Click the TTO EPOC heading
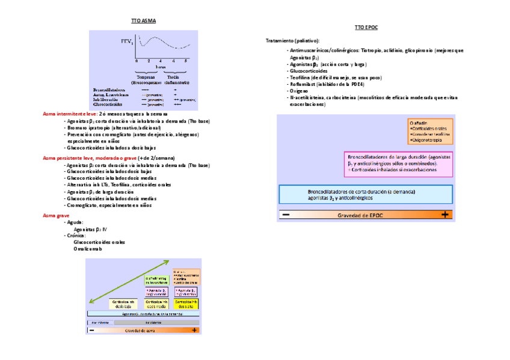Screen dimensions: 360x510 [366, 28]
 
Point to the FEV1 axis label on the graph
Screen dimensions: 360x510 [126, 42]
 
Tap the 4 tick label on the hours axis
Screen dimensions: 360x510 [161, 62]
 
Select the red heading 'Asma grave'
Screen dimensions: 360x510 [56, 215]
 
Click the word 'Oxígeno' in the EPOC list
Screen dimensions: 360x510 [299, 91]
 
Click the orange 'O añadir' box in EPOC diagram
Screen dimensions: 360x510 [429, 131]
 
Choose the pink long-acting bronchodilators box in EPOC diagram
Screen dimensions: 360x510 [398, 163]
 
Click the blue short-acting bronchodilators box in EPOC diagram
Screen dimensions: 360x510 [366, 194]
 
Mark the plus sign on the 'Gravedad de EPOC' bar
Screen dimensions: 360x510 [445, 215]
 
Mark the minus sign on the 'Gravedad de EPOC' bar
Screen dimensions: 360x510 [286, 215]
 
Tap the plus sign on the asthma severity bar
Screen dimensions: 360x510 [194, 330]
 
